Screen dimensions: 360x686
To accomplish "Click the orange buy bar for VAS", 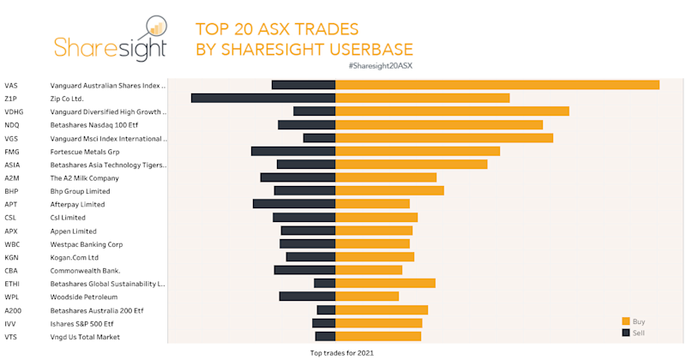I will [496, 85].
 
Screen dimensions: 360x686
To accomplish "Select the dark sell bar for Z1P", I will [262, 99].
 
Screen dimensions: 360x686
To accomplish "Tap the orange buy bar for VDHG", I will [452, 111].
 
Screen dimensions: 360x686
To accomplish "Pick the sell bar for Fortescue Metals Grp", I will [292, 152].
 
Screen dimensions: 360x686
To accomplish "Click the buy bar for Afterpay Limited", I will [372, 204].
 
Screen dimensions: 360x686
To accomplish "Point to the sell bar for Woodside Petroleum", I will [307, 297].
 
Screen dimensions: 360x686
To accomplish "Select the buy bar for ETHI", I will [385, 283].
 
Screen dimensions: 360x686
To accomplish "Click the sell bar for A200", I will [326, 310].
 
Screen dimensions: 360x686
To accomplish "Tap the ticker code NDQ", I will [12, 125].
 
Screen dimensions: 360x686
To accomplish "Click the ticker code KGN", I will [12, 257].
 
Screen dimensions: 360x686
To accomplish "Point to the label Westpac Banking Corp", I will [87, 244].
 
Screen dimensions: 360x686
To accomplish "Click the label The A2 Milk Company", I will [84, 178].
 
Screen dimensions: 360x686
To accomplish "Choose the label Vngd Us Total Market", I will [85, 337].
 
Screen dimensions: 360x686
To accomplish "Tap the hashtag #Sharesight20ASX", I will [380, 66].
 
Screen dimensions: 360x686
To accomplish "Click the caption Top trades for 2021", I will [341, 352].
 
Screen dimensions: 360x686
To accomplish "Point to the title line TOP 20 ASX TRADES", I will [277, 28].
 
